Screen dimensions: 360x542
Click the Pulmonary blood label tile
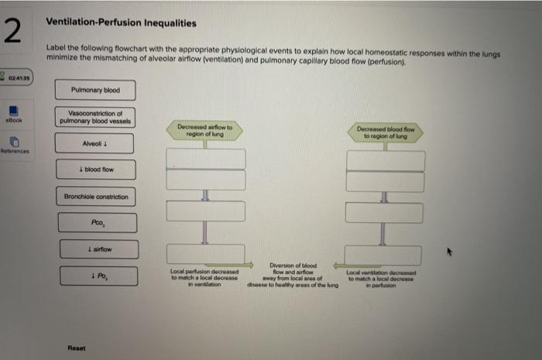(95, 91)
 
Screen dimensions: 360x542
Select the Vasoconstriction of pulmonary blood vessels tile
(95, 117)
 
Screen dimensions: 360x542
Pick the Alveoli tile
(95, 143)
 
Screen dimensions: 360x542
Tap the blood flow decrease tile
(96, 169)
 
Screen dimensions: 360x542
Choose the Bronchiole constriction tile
(96, 197)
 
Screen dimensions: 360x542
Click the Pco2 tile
(96, 223)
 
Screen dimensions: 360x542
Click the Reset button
(77, 347)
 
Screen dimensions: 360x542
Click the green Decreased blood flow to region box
(384, 132)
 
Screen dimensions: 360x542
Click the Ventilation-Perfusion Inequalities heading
(121, 23)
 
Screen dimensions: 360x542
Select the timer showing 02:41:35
(15, 78)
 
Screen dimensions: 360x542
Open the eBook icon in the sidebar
(15, 115)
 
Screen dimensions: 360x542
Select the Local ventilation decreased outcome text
(382, 278)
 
